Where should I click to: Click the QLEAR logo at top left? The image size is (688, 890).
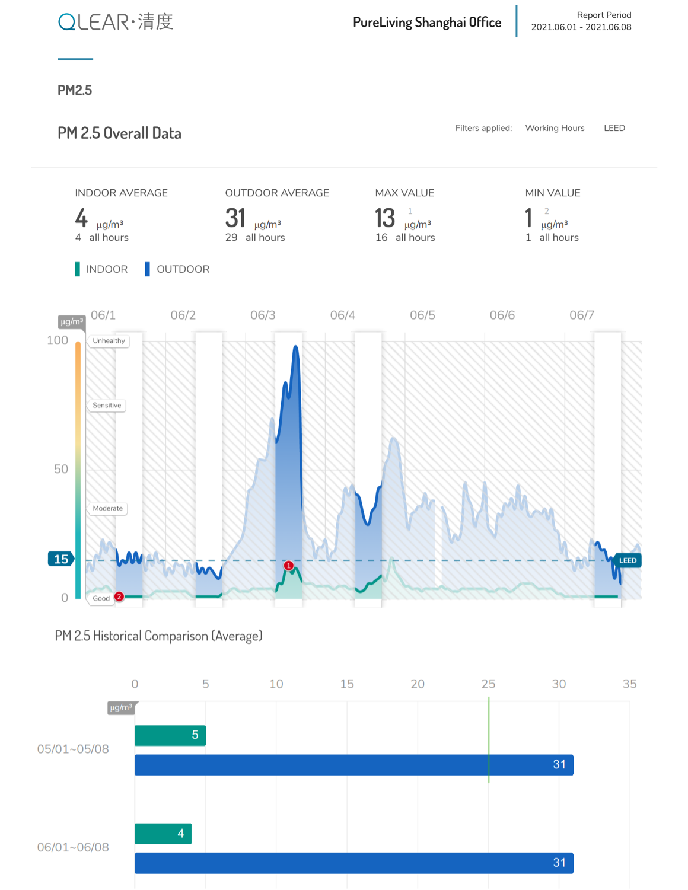point(116,22)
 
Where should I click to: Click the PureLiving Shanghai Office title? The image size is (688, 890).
point(426,23)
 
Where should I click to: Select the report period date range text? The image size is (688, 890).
point(581,27)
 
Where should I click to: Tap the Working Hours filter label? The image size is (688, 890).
point(555,128)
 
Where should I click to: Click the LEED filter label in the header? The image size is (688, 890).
point(614,128)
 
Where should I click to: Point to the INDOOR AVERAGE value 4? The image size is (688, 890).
point(81,218)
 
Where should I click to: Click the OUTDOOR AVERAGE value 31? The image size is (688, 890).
point(235,218)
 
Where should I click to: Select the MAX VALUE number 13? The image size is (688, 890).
point(385,218)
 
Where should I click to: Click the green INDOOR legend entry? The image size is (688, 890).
point(101,269)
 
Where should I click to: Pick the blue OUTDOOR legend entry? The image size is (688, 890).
point(177,269)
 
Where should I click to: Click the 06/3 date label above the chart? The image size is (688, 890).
point(263,315)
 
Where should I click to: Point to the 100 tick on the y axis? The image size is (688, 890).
point(58,340)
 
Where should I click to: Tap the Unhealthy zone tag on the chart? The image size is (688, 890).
point(109,341)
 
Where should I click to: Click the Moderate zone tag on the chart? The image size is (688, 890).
point(107,508)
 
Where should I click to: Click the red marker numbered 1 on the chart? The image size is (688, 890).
point(289,566)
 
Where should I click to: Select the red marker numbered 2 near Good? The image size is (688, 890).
point(119,596)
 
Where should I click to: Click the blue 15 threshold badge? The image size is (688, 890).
point(61,559)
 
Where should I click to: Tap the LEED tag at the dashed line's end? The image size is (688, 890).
point(628,560)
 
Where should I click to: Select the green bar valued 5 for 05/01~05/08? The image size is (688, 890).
point(170,735)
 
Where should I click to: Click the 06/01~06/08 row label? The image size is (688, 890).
point(73,847)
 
